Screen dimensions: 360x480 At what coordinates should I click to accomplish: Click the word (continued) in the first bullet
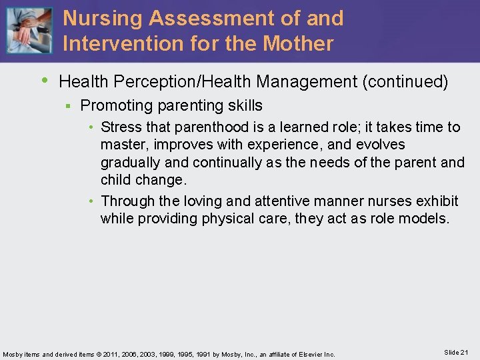(x=405, y=82)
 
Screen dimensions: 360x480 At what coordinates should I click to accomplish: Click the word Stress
(x=121, y=127)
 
